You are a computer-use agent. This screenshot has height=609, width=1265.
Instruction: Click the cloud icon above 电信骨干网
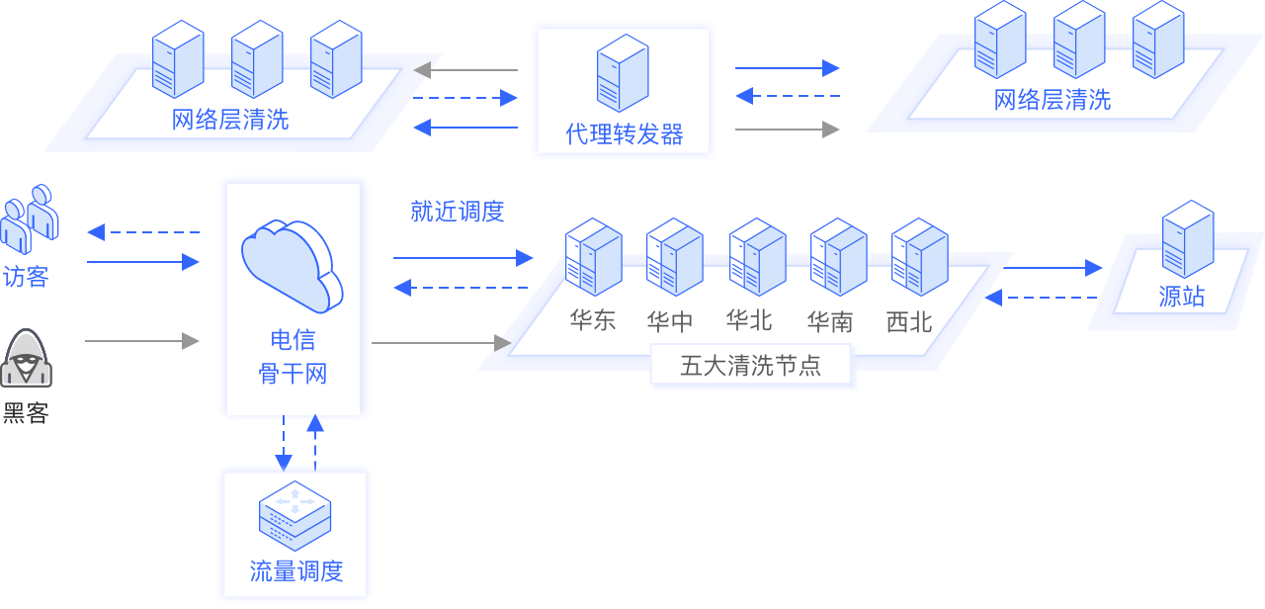point(292,262)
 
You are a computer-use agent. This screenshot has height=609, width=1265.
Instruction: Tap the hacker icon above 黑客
point(27,358)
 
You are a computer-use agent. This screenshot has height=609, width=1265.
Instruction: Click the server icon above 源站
point(1187,240)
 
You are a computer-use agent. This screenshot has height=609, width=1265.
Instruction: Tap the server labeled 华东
point(593,257)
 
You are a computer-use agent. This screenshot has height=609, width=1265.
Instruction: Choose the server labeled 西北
point(919,257)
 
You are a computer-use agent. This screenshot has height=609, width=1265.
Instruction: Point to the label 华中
point(670,321)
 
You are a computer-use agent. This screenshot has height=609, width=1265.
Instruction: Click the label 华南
point(830,321)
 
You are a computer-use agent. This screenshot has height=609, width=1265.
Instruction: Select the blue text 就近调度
point(458,212)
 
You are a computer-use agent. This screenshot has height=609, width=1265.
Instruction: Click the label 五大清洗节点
point(751,366)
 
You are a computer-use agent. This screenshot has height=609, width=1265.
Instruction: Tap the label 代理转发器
point(624,134)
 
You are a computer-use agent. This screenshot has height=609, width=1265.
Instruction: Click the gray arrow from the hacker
point(142,341)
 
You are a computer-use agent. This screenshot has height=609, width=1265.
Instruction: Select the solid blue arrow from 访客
point(143,262)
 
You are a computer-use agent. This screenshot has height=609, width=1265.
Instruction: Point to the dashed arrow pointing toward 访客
point(143,232)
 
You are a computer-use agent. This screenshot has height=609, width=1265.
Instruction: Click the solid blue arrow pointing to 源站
point(1053,267)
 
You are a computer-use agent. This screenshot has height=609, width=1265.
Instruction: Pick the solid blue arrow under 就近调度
point(463,258)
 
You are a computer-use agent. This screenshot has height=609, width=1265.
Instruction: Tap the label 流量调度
point(295,571)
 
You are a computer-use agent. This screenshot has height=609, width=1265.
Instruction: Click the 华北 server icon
point(757,257)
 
